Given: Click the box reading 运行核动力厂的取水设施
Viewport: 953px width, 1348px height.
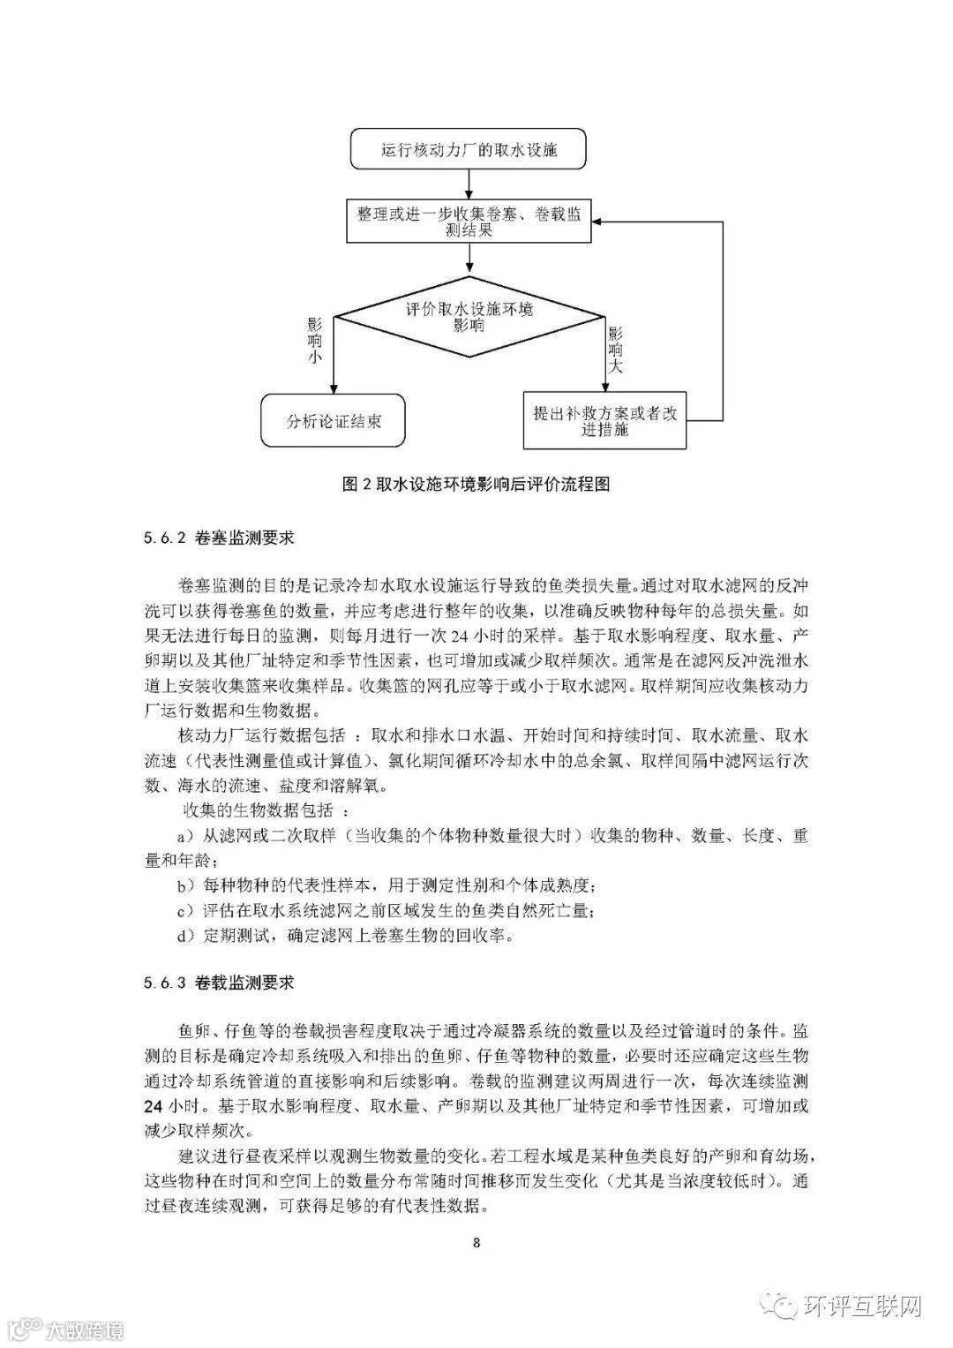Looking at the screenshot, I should pyautogui.click(x=469, y=149).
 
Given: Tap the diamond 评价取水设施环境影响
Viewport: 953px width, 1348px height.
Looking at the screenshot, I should pyautogui.click(x=469, y=317).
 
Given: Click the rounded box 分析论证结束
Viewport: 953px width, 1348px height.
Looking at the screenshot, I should pyautogui.click(x=333, y=421).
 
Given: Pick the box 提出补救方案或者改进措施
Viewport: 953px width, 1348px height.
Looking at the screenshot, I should pyautogui.click(x=604, y=421).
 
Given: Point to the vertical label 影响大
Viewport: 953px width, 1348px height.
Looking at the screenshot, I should pyautogui.click(x=615, y=349).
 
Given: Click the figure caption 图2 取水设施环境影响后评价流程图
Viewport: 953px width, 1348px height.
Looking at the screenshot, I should pyautogui.click(x=476, y=483).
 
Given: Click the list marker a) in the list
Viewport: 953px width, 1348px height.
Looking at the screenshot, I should pyautogui.click(x=185, y=835).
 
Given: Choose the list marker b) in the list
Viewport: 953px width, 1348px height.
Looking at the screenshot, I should pyautogui.click(x=185, y=885).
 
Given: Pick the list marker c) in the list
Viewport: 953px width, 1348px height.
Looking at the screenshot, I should pyautogui.click(x=185, y=910).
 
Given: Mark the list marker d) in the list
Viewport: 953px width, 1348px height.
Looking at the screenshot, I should pyautogui.click(x=185, y=936).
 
